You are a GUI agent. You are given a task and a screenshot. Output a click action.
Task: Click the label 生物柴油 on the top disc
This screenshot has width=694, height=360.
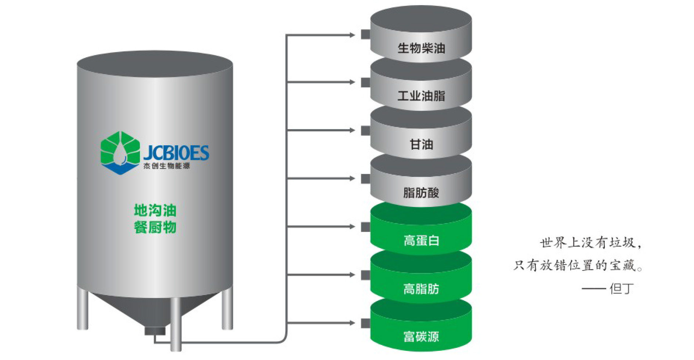pos(421,48)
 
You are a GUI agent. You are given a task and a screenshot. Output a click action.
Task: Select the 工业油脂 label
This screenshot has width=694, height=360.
pos(421,96)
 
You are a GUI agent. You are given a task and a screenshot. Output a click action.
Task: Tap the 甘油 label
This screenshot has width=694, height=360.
pos(421,144)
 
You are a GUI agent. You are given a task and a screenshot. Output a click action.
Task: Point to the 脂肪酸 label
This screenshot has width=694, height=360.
pos(421,192)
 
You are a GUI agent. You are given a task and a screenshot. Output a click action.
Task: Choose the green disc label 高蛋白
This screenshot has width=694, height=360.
pos(421,241)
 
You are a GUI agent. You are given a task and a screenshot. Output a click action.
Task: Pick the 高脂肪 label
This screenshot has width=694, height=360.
pos(421,289)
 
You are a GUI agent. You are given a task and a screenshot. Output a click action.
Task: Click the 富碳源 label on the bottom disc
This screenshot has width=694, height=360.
pos(421,337)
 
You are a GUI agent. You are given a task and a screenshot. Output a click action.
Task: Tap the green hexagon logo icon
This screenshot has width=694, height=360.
pos(120,153)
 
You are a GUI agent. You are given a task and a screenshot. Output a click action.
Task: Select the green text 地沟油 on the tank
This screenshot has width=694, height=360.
pos(155,210)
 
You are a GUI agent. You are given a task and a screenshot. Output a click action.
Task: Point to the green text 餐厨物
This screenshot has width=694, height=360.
pos(155,227)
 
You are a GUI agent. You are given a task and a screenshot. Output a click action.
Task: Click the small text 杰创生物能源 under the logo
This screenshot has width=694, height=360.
pos(167,166)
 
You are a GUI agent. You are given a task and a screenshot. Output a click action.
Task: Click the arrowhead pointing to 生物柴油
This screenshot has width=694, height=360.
pos(352,35)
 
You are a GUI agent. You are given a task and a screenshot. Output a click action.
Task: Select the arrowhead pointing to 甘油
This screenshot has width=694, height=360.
pos(352,130)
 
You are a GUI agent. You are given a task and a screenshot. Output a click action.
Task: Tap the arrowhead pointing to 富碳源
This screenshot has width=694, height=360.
pos(352,323)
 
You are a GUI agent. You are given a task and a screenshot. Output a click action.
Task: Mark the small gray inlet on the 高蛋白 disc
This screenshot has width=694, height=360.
pos(365,227)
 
